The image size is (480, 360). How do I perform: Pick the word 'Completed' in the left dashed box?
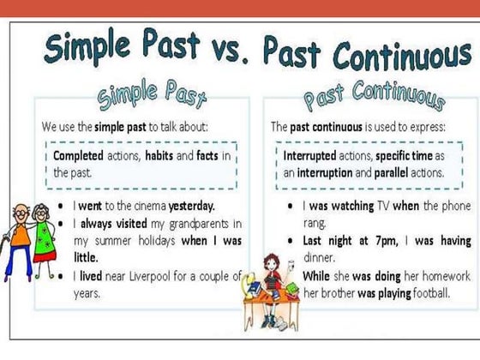click(79, 156)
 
